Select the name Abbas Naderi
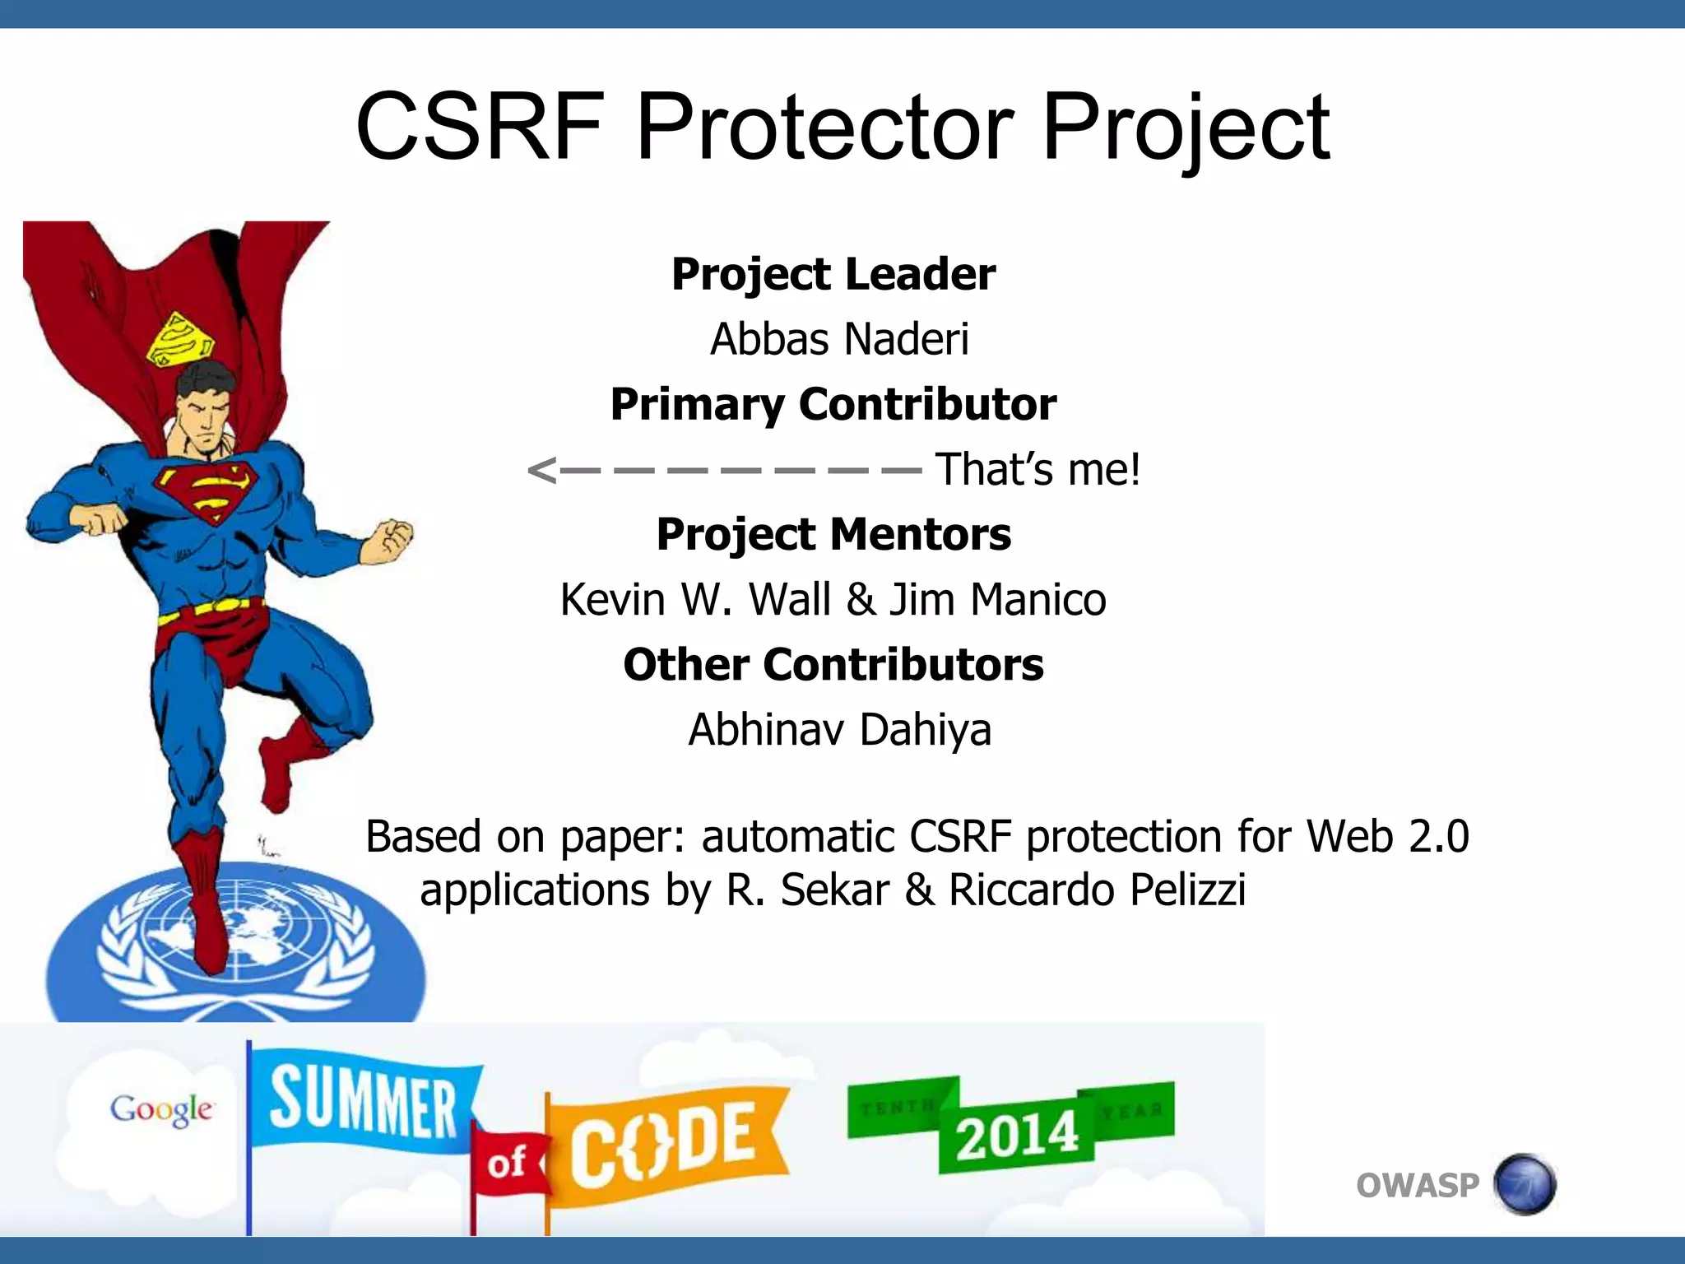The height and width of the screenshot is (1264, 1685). [x=839, y=339]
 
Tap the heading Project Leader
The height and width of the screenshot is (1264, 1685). [x=833, y=274]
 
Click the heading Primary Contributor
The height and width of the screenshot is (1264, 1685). [x=833, y=404]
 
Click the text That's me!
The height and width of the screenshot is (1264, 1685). [x=1038, y=469]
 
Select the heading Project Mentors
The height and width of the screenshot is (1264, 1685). [x=833, y=534]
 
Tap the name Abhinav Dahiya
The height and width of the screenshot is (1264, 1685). [x=839, y=730]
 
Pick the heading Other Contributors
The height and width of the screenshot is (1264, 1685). [x=833, y=665]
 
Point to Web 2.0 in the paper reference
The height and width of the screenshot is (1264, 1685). [x=1387, y=837]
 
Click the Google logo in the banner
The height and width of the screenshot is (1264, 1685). [x=161, y=1109]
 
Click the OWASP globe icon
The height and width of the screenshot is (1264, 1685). [x=1525, y=1185]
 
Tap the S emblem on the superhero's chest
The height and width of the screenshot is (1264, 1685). [x=208, y=489]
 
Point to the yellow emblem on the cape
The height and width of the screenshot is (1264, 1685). [x=179, y=339]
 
